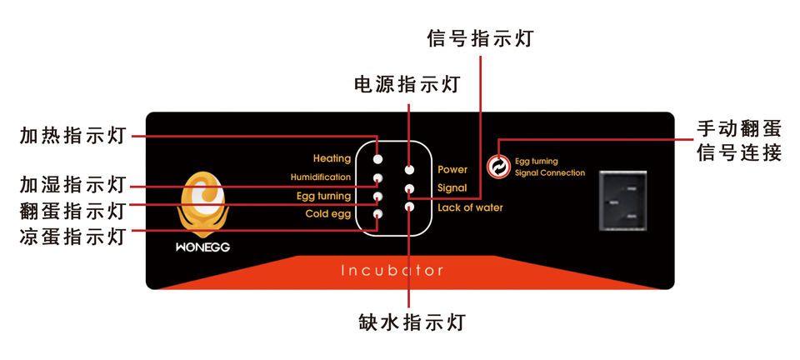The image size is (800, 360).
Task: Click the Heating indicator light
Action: (x=377, y=159)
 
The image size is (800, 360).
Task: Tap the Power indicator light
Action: (x=410, y=169)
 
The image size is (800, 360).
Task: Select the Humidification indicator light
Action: (x=377, y=178)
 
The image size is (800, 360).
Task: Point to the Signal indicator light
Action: (x=410, y=188)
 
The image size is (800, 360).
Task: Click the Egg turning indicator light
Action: (x=377, y=197)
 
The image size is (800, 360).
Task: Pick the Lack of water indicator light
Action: (x=410, y=207)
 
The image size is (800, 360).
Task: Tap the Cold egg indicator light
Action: (x=377, y=214)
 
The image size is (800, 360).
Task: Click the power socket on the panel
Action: (x=622, y=202)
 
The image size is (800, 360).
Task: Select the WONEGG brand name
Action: (x=202, y=247)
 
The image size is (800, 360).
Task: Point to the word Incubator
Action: (x=392, y=270)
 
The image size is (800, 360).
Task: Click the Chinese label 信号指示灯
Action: (x=480, y=38)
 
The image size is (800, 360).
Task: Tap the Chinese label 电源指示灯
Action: (x=407, y=84)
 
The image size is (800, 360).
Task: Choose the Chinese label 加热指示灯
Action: (x=72, y=135)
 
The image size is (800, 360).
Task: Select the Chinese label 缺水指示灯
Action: (x=411, y=322)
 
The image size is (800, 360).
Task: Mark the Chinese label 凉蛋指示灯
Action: (x=72, y=236)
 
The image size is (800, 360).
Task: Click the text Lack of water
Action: (x=470, y=207)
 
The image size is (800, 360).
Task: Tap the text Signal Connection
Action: (x=549, y=172)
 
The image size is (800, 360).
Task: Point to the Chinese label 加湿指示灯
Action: (x=72, y=185)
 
